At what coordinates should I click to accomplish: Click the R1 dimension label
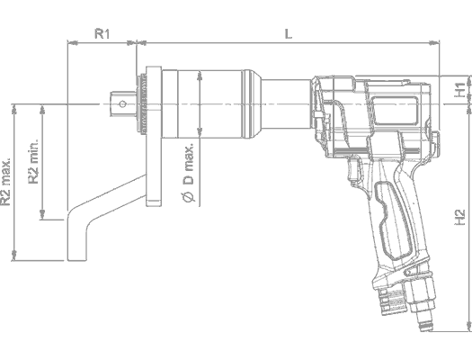point(102,33)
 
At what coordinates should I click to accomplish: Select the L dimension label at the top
point(287,33)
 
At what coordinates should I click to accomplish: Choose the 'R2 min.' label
point(33,162)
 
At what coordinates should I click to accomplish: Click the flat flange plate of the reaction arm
point(151,135)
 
